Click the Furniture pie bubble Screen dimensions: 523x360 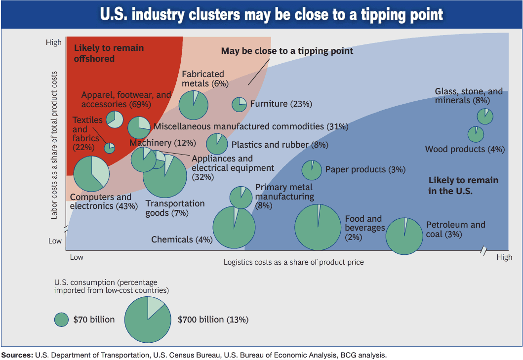tap(239, 104)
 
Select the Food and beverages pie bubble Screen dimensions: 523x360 tap(318, 227)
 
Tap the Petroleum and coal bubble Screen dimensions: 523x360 tap(404, 236)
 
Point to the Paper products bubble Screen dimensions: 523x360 tap(312, 170)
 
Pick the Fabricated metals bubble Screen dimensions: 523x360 tap(194, 105)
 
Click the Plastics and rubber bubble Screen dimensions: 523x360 tap(217, 144)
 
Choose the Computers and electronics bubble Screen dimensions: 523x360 tap(91, 173)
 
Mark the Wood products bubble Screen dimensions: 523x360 tap(476, 134)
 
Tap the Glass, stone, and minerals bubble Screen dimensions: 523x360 tap(485, 117)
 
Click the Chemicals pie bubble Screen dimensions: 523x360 tap(234, 227)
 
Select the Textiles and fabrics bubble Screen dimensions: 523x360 tap(110, 148)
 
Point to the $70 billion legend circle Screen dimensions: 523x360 tap(61, 320)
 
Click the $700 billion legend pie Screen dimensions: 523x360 tap(148, 320)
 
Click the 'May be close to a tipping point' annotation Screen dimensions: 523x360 tap(287, 51)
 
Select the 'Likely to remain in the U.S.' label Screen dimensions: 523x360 tap(463, 186)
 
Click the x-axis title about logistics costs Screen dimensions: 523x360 tap(293, 262)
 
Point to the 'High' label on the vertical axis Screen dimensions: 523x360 tap(54, 42)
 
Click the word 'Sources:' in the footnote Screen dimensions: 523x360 tap(17, 356)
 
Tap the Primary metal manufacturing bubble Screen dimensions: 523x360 tap(241, 198)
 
